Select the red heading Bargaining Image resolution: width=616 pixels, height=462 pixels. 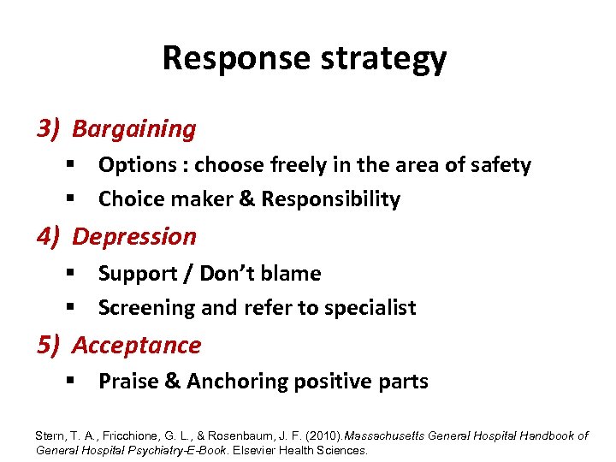pyautogui.click(x=134, y=129)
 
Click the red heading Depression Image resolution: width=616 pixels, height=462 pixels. pyautogui.click(x=134, y=237)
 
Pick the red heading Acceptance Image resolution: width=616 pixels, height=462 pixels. pyautogui.click(x=137, y=346)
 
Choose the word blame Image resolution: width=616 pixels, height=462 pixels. pyautogui.click(x=293, y=274)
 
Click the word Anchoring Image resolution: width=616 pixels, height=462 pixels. pyautogui.click(x=230, y=382)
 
